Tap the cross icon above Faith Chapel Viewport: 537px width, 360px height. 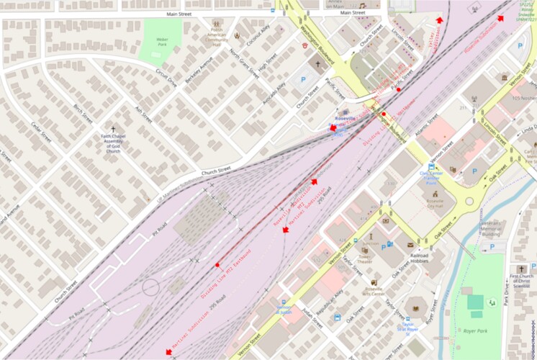click(113, 128)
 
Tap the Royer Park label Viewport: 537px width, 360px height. click(471, 332)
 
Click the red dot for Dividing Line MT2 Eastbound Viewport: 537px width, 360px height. click(217, 265)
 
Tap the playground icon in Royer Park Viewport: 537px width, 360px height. click(492, 302)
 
